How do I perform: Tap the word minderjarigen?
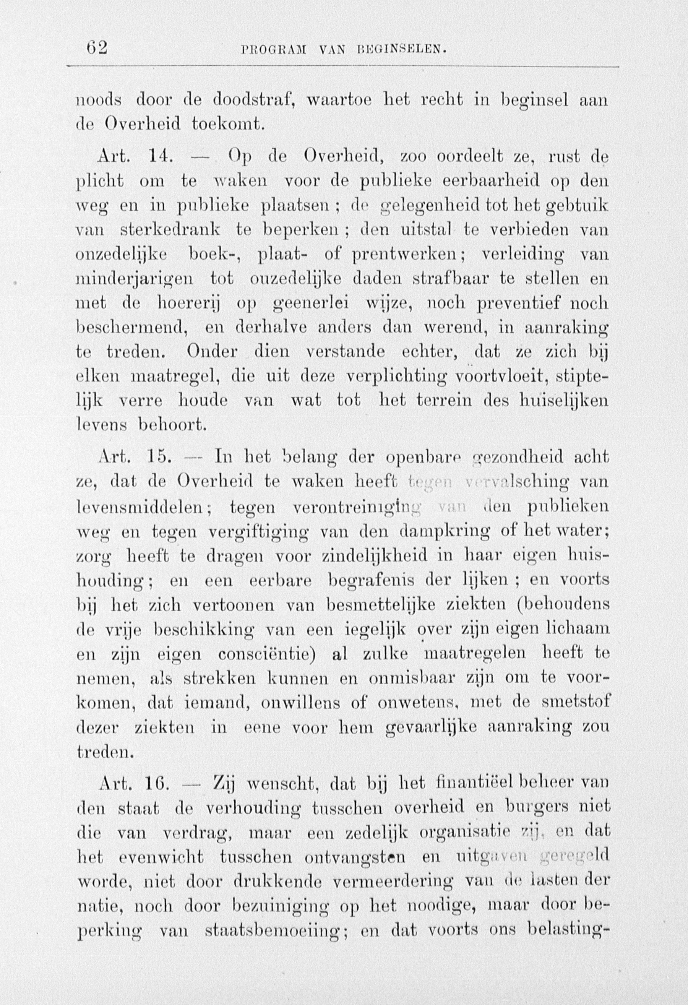click(135, 279)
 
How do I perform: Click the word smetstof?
click(575, 702)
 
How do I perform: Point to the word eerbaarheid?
click(491, 181)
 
